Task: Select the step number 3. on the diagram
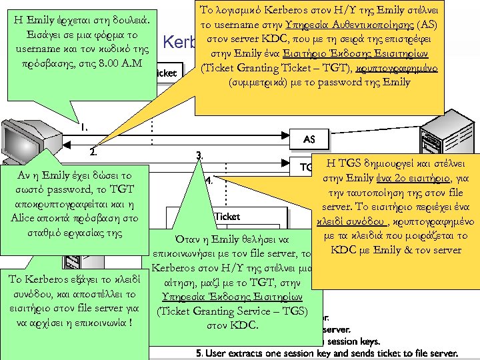(200, 155)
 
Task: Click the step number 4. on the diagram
(209, 180)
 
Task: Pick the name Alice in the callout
(29, 218)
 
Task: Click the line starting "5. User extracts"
(293, 353)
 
